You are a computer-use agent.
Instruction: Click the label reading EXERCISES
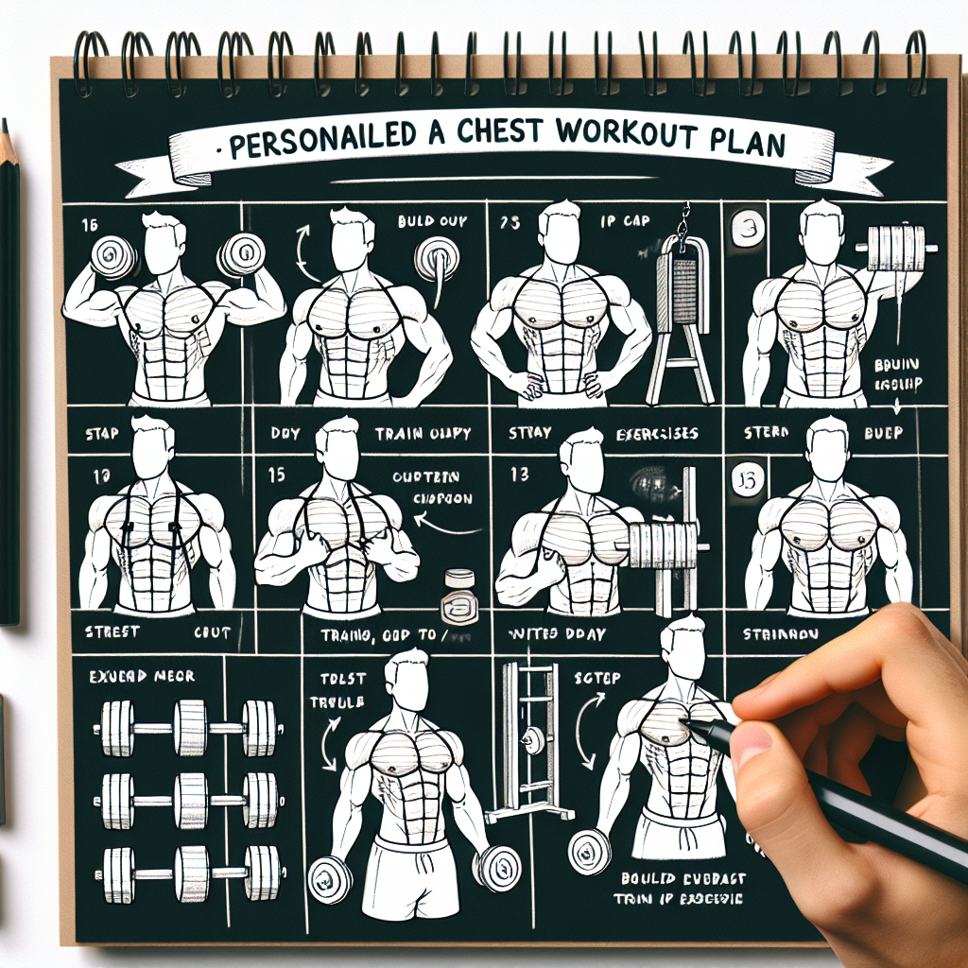click(650, 433)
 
